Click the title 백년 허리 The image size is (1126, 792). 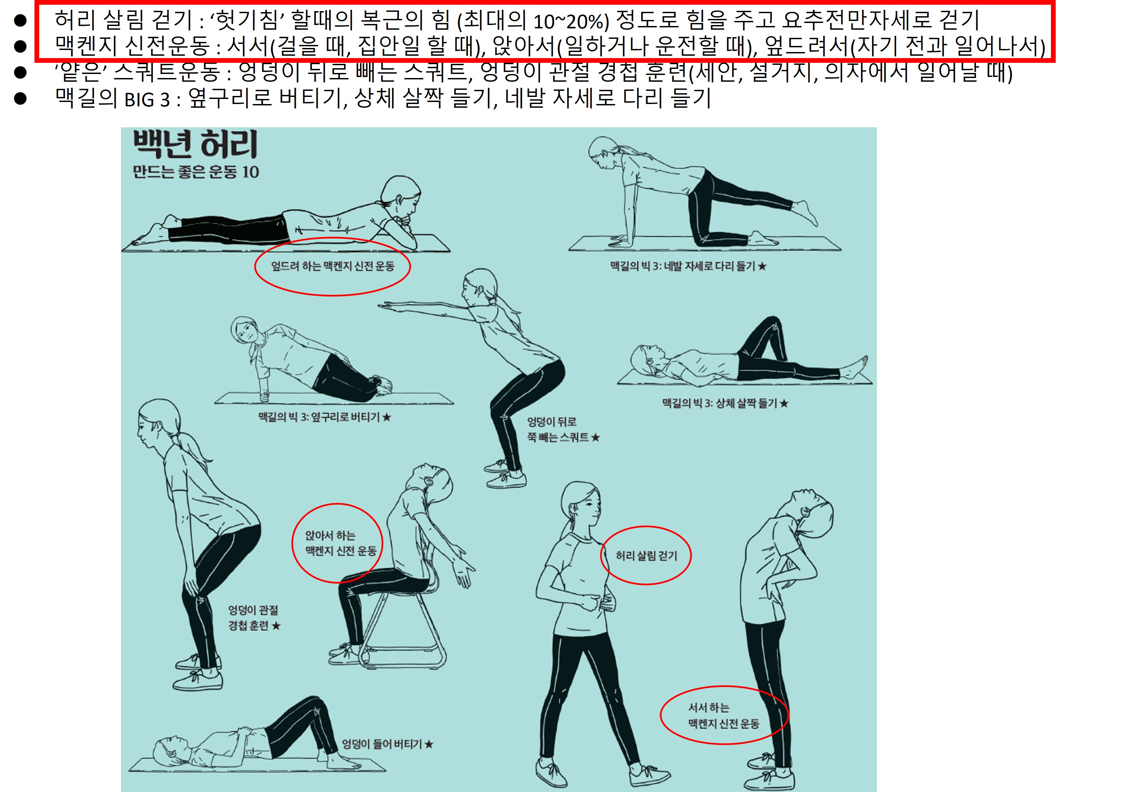pos(195,144)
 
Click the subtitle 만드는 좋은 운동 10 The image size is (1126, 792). pos(196,172)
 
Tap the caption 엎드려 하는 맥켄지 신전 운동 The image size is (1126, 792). pos(333,266)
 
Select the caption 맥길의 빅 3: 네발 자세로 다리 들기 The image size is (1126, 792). pos(688,266)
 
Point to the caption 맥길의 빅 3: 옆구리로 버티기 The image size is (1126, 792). pos(325,417)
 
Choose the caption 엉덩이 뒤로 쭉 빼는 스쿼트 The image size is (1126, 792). pos(564,429)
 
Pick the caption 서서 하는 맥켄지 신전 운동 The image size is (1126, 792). pos(723,715)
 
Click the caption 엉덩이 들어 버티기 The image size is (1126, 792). pos(387,744)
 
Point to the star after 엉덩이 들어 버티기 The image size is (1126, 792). pos(429,744)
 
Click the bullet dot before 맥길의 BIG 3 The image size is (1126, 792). pos(20,99)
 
